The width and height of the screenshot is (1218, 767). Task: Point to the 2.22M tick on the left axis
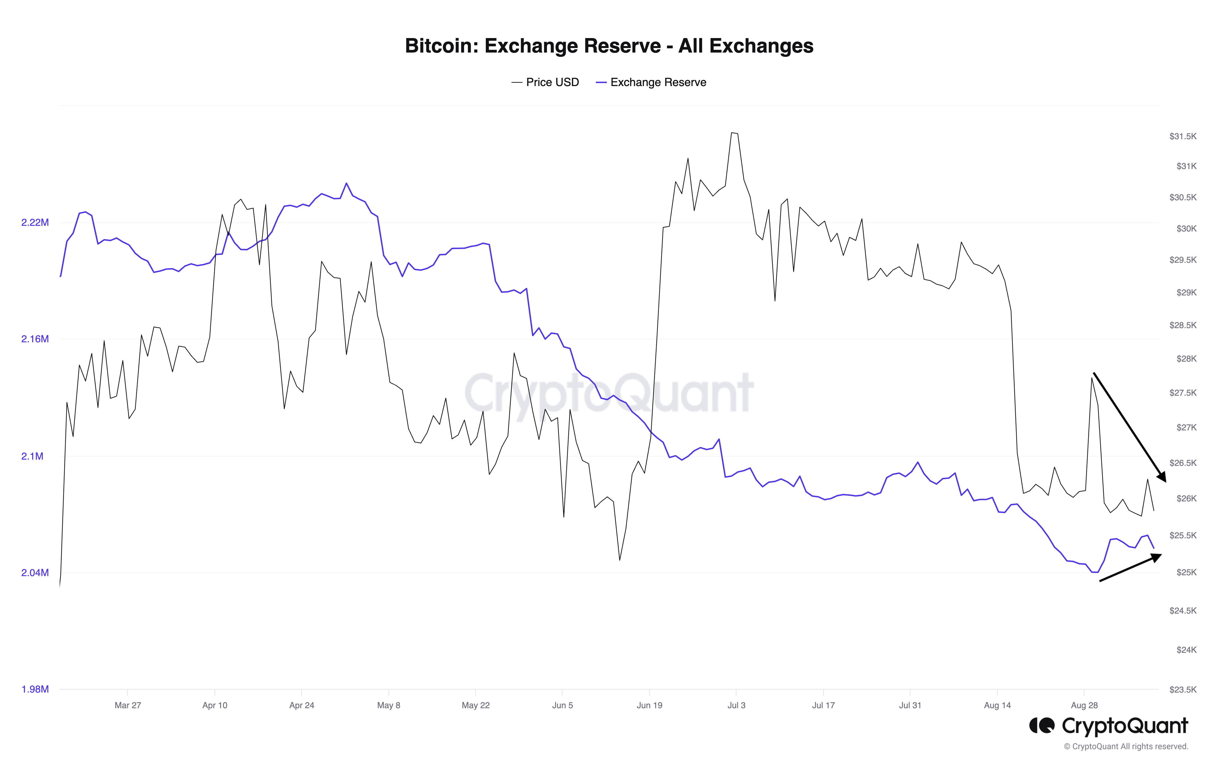[x=35, y=222]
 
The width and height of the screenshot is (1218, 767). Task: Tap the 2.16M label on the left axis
[x=35, y=339]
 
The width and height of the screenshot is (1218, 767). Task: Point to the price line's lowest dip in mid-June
[x=620, y=560]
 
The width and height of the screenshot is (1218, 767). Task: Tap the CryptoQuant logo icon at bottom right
[x=1042, y=726]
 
